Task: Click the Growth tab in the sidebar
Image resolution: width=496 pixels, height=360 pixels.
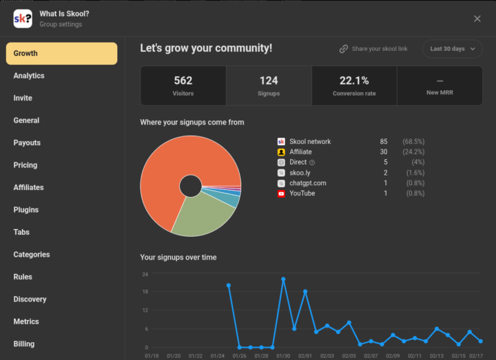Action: point(61,53)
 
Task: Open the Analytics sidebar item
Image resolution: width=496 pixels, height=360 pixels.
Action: point(29,76)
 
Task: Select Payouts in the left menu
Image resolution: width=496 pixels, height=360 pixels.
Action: point(27,142)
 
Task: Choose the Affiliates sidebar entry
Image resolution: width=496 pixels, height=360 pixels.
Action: point(28,187)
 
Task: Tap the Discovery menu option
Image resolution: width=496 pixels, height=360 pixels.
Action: point(30,299)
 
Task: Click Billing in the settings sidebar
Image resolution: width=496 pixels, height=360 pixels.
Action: point(24,344)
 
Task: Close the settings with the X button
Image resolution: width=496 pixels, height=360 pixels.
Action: point(477,19)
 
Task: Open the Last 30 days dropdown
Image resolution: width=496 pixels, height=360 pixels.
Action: point(452,49)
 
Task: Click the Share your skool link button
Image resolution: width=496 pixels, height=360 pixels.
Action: point(373,49)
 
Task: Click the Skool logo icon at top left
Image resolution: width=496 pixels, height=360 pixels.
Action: point(22,19)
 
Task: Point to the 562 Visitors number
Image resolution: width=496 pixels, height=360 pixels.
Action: point(183,81)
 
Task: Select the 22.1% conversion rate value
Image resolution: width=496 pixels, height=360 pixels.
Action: point(354,81)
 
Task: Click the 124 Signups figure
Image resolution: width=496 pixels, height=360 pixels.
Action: point(269,81)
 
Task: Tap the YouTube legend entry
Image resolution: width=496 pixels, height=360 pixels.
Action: point(302,193)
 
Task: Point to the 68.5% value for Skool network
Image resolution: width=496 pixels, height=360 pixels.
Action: point(413,142)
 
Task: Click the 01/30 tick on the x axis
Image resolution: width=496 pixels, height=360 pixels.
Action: point(283,356)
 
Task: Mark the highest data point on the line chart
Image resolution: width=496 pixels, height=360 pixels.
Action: point(283,279)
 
